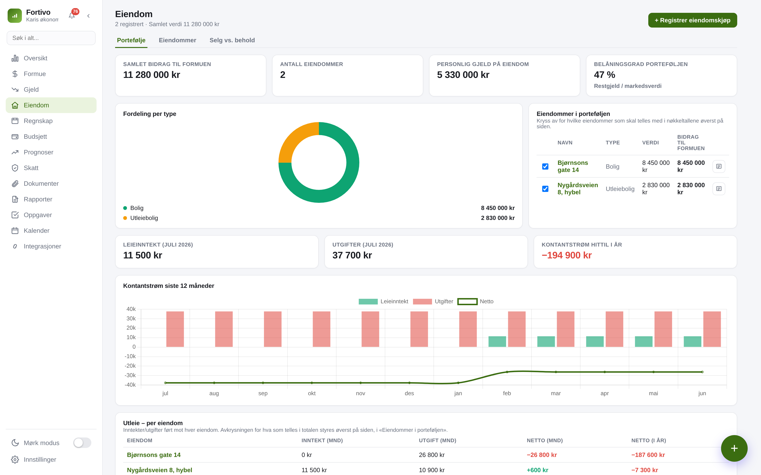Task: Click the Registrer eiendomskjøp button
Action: [x=693, y=20]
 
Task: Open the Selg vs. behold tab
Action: [x=232, y=40]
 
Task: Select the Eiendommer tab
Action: [x=177, y=40]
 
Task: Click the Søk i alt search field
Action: [x=51, y=38]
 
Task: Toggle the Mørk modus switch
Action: [x=82, y=443]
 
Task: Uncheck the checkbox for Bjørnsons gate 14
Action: [x=545, y=166]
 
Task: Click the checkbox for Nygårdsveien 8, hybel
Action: [x=545, y=189]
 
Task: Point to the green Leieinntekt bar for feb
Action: [x=497, y=342]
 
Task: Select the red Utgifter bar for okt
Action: [x=321, y=329]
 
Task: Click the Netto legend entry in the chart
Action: [x=475, y=301]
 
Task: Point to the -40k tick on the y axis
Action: [x=130, y=385]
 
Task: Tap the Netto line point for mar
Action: [x=556, y=372]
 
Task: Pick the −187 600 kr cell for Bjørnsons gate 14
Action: [x=648, y=455]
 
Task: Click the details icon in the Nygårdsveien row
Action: [x=718, y=189]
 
